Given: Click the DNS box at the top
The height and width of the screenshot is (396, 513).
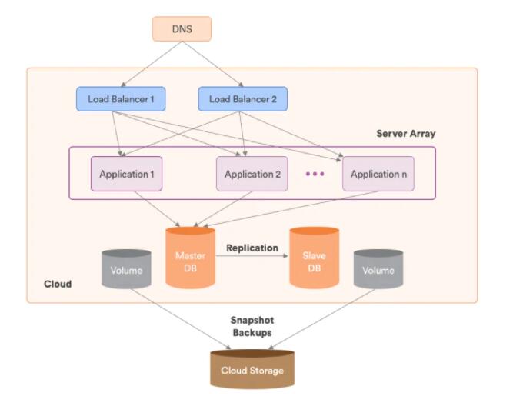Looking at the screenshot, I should coord(182,28).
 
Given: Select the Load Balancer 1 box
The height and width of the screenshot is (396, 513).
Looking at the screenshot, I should coord(121,98).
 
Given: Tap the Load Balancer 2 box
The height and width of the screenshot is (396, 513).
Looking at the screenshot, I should coord(242,98).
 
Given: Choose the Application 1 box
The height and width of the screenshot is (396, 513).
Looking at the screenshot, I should coord(127,174).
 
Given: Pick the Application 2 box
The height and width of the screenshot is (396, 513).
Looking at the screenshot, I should coord(252,174).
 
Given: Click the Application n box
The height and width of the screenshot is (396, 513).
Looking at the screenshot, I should coord(379,174).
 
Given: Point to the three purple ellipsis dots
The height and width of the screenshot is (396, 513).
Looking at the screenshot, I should coord(315,175).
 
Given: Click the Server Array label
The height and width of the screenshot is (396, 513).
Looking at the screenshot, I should coord(405,134).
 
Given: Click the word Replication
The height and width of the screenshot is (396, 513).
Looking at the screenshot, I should coord(252,248).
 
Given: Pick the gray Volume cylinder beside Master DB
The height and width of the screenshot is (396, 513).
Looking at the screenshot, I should coord(126,270).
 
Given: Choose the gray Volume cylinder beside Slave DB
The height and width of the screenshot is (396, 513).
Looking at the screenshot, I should coord(378,270).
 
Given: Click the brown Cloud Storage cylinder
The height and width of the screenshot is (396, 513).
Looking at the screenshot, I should coord(252,369).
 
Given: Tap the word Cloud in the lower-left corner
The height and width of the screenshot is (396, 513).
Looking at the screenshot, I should coord(58,284).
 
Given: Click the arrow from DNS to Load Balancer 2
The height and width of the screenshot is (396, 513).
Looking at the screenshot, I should coord(216,65).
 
